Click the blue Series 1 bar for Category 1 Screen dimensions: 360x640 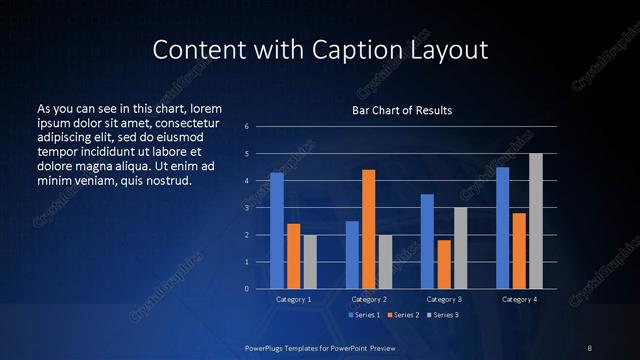tap(277, 231)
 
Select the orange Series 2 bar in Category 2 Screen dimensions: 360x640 tap(368, 229)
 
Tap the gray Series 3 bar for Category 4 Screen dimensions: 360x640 tap(535, 221)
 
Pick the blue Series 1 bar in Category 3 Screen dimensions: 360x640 tap(427, 241)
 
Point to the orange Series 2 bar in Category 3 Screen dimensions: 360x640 tap(444, 264)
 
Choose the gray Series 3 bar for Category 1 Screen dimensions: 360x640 tap(310, 262)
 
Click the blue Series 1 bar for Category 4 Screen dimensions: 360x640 tap(502, 228)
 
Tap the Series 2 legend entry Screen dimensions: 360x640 tap(403, 315)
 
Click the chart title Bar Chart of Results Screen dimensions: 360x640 tap(403, 109)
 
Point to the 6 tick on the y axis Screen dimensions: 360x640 tap(246, 127)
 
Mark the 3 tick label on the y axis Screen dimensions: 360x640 tap(246, 208)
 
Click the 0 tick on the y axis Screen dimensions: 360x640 tap(246, 289)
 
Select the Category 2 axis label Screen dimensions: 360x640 tap(368, 299)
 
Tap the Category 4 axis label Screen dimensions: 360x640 tap(519, 299)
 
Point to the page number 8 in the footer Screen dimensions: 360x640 tap(590, 347)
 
